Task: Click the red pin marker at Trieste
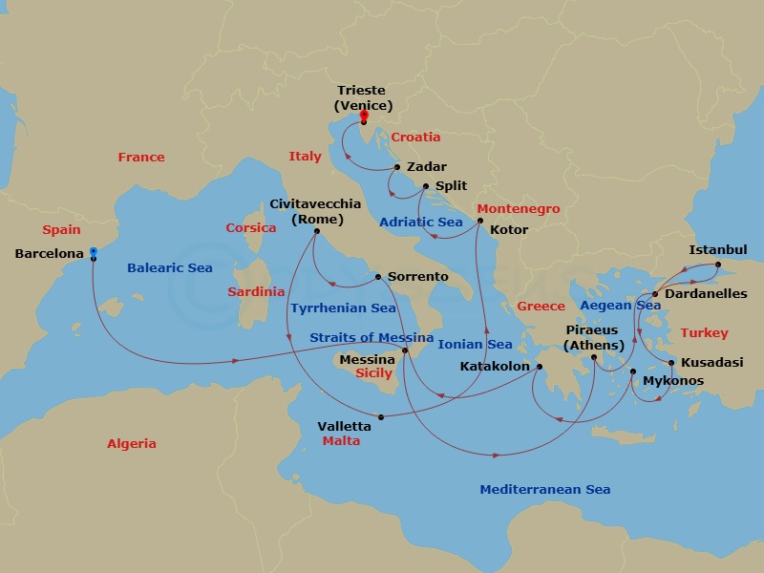[x=364, y=117]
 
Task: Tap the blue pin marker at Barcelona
[x=93, y=253]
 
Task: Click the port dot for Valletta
[x=381, y=416]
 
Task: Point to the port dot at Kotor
[x=480, y=221]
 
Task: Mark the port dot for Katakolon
[x=539, y=366]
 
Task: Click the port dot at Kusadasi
[x=671, y=363]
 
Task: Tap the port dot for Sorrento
[x=378, y=277]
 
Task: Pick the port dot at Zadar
[x=396, y=167]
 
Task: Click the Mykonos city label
[x=673, y=381]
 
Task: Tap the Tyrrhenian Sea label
[x=342, y=308]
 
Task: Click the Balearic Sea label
[x=170, y=268]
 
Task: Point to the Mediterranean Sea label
[x=544, y=490]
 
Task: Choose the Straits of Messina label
[x=371, y=338]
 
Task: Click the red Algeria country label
[x=132, y=444]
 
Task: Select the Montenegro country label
[x=518, y=209]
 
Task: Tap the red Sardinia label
[x=256, y=291]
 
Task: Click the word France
[x=141, y=157]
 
